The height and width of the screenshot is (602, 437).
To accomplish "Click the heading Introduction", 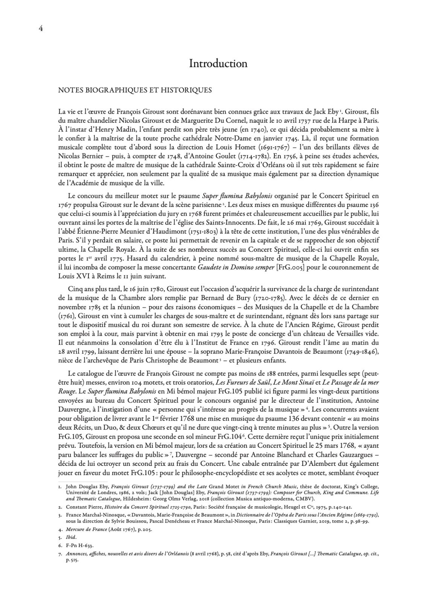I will pos(218,64).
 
